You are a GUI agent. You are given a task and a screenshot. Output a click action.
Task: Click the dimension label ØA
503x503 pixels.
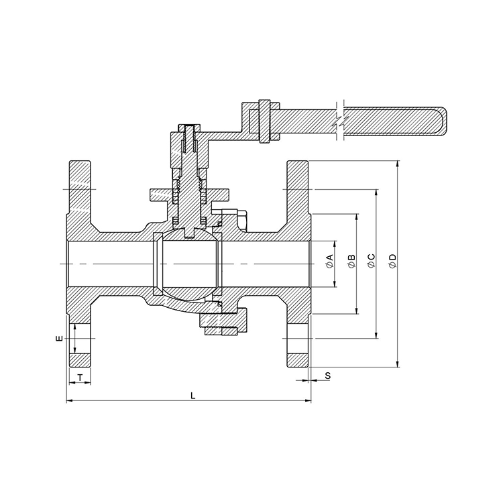coord(329,263)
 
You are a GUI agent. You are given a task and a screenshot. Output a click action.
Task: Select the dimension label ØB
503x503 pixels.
coord(351,263)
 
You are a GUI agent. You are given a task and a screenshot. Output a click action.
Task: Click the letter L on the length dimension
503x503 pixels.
coord(192,396)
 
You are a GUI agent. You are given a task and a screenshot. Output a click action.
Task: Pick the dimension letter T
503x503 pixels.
coord(80,378)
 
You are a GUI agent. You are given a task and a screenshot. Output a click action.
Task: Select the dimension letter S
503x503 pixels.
coord(328,376)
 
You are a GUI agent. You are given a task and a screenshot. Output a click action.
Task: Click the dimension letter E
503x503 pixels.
coord(59,339)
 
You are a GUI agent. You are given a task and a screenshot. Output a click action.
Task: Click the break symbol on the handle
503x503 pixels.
coord(339,123)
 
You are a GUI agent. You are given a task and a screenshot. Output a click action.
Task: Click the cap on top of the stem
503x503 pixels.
coord(190,129)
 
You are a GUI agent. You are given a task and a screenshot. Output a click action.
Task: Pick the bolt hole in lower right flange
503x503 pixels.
coord(298,339)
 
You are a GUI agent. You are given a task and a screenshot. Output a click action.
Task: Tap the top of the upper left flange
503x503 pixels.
coord(80,162)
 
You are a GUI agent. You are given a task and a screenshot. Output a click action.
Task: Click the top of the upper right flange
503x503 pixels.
coord(298,162)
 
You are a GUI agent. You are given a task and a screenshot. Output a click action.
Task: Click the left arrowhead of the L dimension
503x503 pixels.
coord(70,402)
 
